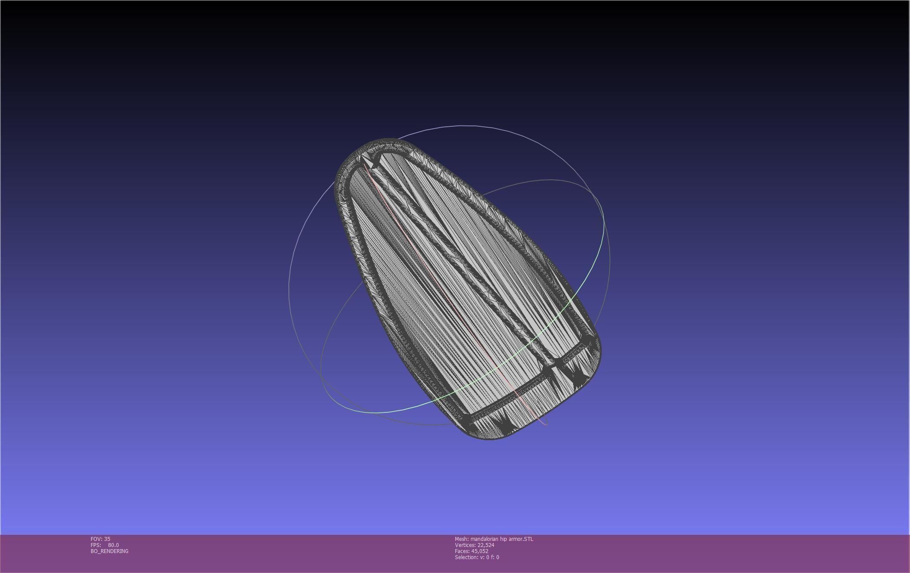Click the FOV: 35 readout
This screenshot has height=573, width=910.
click(x=100, y=539)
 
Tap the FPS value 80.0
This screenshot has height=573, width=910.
click(x=113, y=545)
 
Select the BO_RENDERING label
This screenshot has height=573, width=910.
click(x=109, y=551)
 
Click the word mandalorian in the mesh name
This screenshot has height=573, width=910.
click(x=485, y=539)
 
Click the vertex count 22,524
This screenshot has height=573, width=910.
click(x=485, y=545)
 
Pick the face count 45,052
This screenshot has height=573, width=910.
click(x=480, y=551)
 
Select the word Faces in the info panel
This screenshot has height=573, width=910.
click(x=462, y=551)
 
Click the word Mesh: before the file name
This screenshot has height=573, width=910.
click(x=462, y=539)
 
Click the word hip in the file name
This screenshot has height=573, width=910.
click(x=504, y=539)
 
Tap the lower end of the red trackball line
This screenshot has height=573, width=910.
click(x=545, y=424)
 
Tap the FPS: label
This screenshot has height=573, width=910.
click(x=96, y=545)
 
